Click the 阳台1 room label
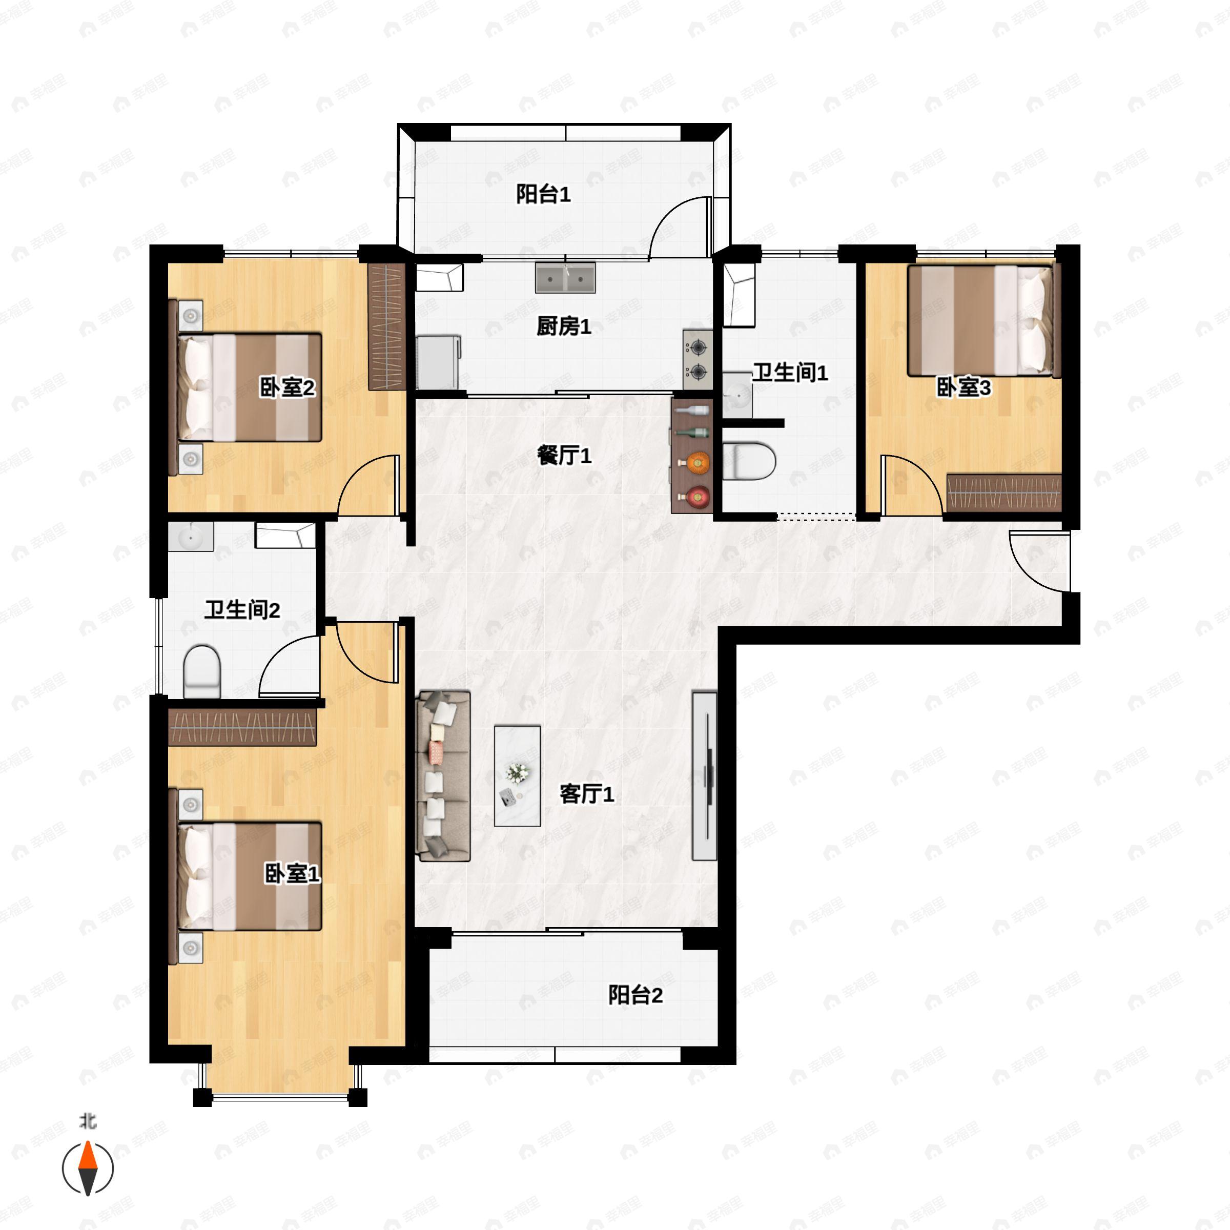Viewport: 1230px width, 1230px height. (543, 194)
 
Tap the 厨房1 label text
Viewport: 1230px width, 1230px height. (563, 326)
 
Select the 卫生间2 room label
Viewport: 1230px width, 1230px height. (242, 610)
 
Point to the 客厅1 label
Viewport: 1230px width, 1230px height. (586, 794)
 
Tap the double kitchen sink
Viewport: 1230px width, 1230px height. (565, 278)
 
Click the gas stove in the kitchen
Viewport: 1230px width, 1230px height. (698, 359)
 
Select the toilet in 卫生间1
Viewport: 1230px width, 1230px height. (749, 461)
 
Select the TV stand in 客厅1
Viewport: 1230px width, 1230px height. (705, 776)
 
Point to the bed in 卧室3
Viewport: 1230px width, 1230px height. (980, 321)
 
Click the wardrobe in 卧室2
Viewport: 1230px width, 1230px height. (387, 326)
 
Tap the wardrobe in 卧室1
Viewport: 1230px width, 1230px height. (242, 727)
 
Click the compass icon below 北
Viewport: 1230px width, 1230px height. (88, 1169)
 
